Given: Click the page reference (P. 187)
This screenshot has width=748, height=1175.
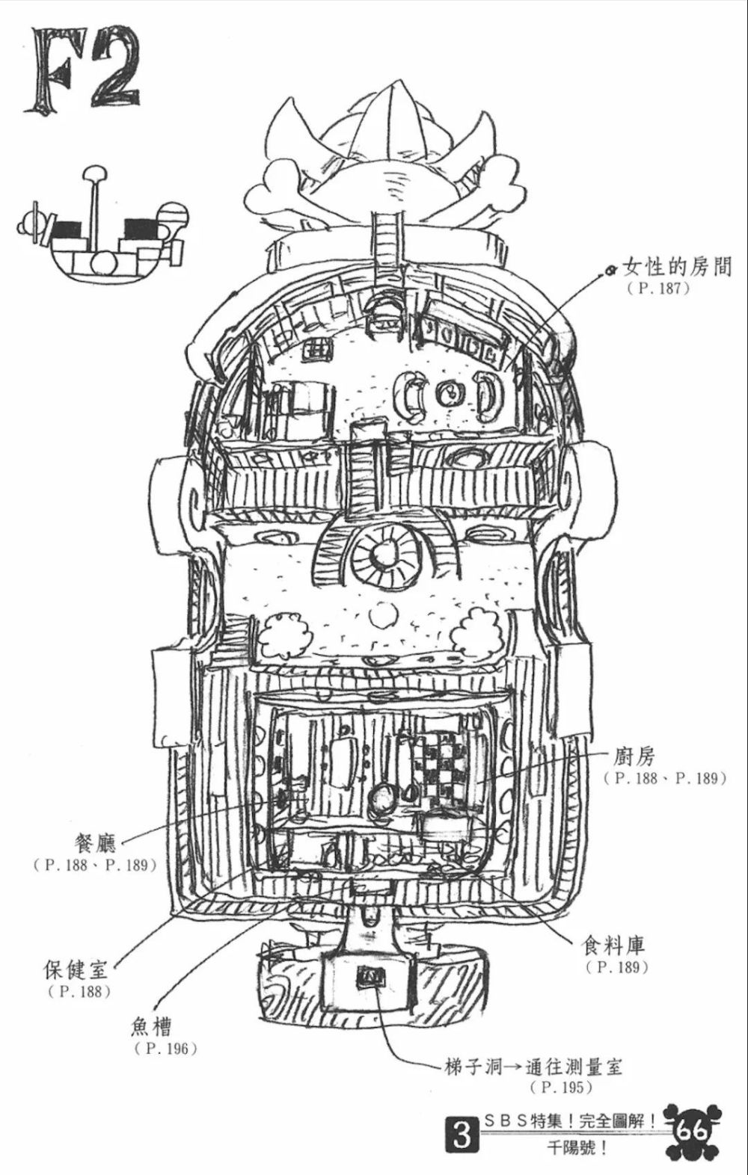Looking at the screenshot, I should coord(658,289).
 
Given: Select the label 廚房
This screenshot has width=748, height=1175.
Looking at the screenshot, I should coord(634,756).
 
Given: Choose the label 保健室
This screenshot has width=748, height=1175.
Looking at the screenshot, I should coord(76,969).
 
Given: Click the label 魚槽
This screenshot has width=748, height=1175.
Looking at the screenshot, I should coord(152,1026).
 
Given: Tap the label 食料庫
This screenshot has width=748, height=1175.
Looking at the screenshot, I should coord(614,946).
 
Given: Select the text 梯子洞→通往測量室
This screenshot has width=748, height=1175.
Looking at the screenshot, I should coord(532,1065).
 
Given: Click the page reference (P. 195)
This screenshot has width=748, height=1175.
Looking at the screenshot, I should coord(561,1087).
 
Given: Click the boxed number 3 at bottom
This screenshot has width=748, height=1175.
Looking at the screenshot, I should coord(462,1137).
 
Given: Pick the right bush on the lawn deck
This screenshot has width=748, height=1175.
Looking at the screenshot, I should coord(477,631).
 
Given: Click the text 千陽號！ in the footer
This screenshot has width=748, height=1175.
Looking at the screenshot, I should coord(575,1148).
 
